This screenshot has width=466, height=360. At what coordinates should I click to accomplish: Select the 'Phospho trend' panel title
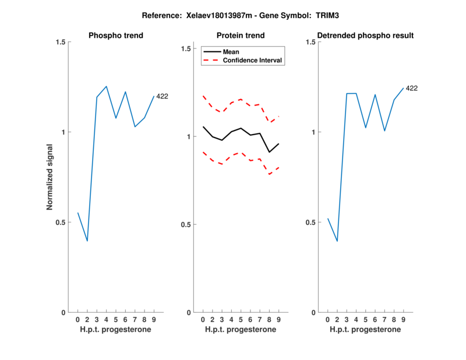pyautogui.click(x=116, y=36)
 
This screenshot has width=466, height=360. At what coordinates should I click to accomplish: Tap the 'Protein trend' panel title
pyautogui.click(x=241, y=36)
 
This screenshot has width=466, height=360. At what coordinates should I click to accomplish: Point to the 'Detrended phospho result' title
pyautogui.click(x=365, y=36)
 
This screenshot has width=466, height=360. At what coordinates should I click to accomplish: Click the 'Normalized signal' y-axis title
pyautogui.click(x=51, y=177)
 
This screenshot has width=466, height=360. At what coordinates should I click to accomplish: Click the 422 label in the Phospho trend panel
pyautogui.click(x=163, y=96)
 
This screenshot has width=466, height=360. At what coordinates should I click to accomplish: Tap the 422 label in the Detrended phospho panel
pyautogui.click(x=412, y=89)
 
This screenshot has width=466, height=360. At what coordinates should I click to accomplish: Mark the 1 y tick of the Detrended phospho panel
pyautogui.click(x=313, y=132)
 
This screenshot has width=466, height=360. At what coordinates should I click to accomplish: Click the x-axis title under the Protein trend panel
pyautogui.click(x=241, y=330)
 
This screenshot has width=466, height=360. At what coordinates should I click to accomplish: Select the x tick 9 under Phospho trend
pyautogui.click(x=154, y=320)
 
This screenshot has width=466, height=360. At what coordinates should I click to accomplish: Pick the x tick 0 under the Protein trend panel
pyautogui.click(x=203, y=320)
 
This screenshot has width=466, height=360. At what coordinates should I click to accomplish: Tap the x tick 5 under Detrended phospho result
pyautogui.click(x=366, y=320)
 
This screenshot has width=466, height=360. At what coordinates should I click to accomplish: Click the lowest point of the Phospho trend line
pyautogui.click(x=87, y=241)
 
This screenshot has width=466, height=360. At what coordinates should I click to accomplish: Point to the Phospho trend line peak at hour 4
pyautogui.click(x=106, y=86)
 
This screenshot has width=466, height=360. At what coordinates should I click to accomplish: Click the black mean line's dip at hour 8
pyautogui.click(x=269, y=152)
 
